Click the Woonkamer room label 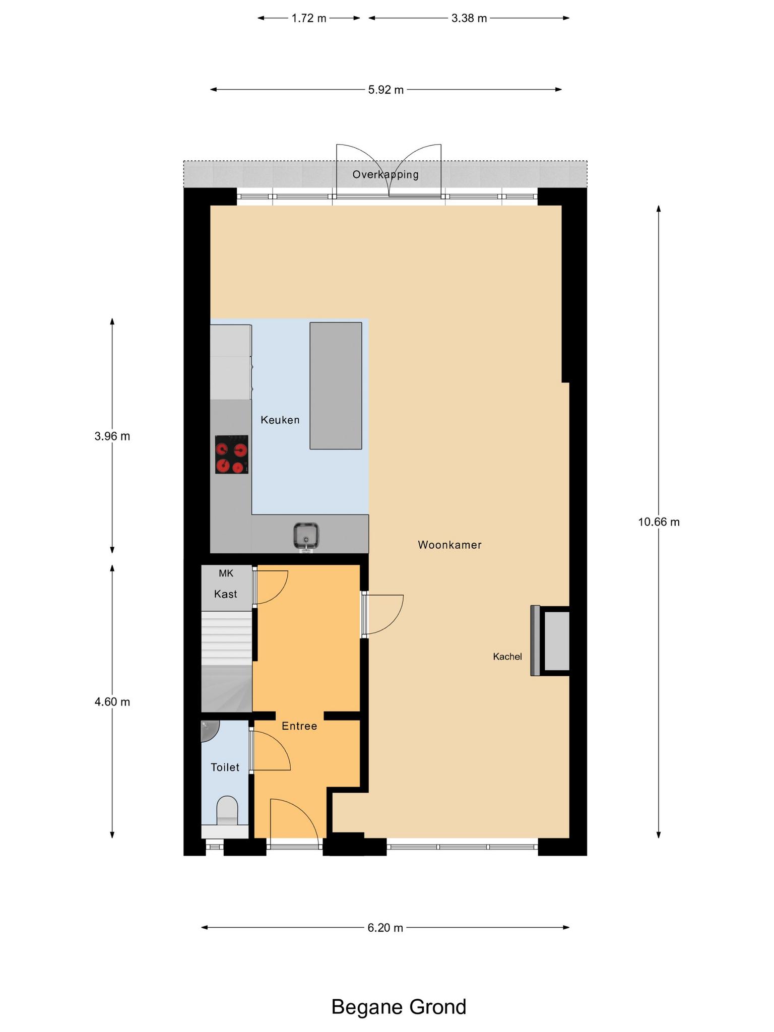(x=449, y=545)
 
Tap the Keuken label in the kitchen (x=280, y=420)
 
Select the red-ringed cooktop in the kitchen (x=232, y=455)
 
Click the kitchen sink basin (x=306, y=536)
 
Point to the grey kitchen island (x=336, y=385)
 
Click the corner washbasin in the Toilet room (x=209, y=731)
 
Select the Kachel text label (x=507, y=657)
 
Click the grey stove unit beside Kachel (x=550, y=640)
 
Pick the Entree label (x=299, y=726)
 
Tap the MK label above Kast (x=226, y=573)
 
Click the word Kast (x=226, y=594)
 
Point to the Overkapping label (x=385, y=175)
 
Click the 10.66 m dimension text (x=659, y=522)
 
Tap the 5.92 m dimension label (x=386, y=90)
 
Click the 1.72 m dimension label (x=309, y=19)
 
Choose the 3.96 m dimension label (x=112, y=436)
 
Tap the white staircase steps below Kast (x=226, y=638)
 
